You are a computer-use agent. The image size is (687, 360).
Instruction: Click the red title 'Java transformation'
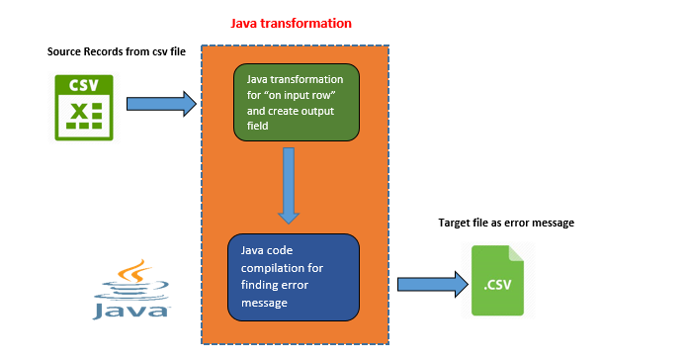pos(291,22)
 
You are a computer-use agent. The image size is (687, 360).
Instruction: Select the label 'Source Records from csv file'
pos(111,50)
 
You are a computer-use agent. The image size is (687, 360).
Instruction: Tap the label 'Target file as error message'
pos(505,224)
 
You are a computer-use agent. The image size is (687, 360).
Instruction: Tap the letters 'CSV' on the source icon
pos(83,86)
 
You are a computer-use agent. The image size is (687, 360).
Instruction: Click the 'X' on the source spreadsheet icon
pos(77,118)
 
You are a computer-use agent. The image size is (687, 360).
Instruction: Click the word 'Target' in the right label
pos(455,224)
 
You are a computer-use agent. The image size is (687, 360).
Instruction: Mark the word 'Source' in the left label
pos(66,50)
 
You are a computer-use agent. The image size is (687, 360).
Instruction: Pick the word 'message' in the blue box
pos(266,303)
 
